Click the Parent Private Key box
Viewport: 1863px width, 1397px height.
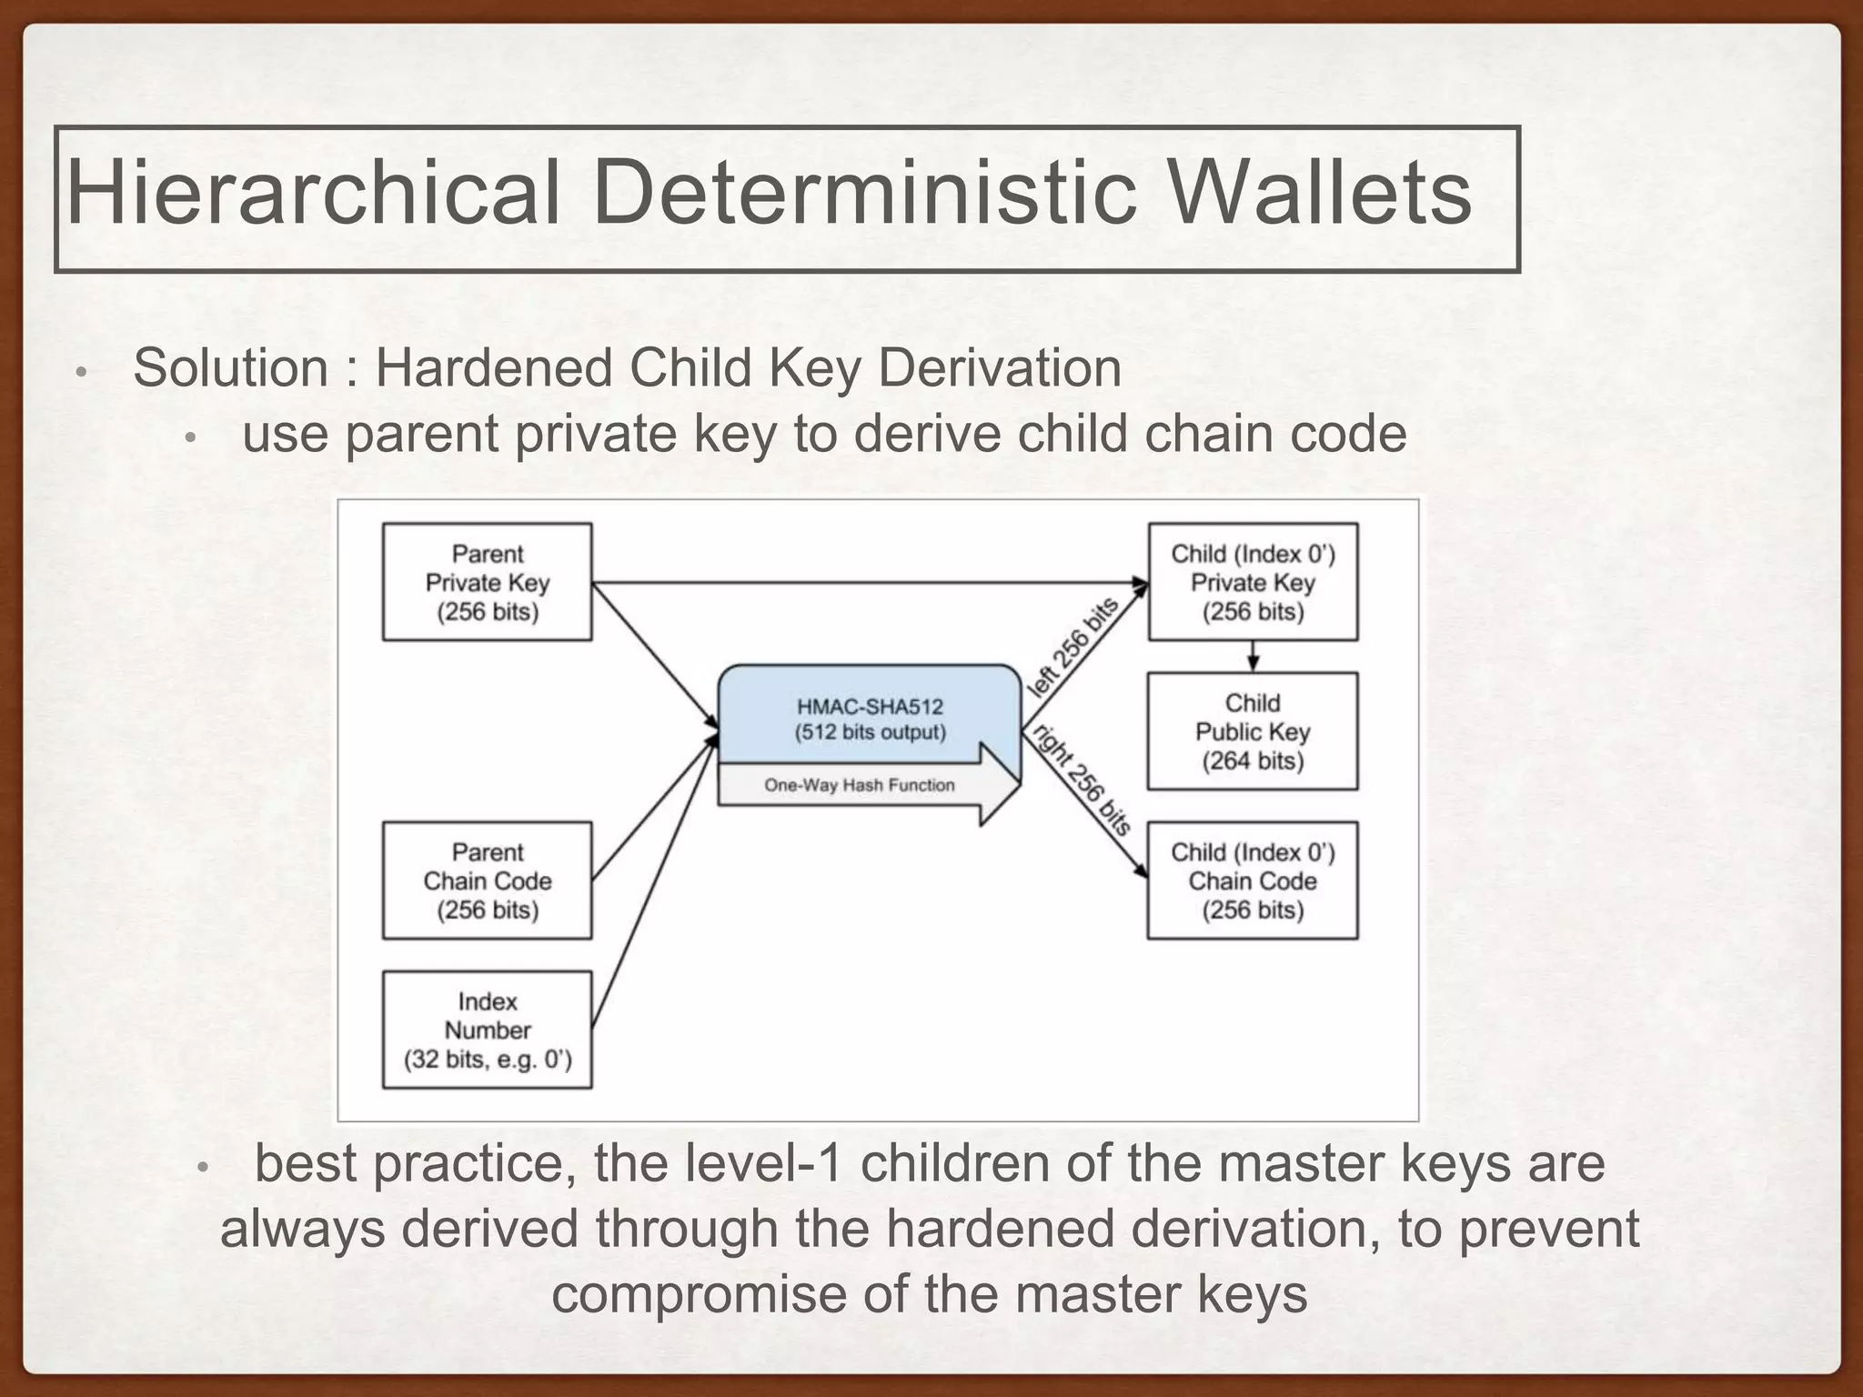coord(488,582)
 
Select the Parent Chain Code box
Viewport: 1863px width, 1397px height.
coord(488,880)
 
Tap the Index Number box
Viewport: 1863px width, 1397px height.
coord(488,1030)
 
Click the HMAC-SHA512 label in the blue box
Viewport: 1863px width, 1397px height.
coord(870,707)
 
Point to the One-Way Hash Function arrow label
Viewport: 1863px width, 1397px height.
coord(860,785)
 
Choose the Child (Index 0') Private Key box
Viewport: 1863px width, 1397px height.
coord(1253,582)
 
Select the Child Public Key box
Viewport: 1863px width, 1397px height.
coord(1253,731)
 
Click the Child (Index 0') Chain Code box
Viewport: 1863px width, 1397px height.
coord(1253,880)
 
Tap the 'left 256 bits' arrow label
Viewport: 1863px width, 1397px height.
coord(1072,647)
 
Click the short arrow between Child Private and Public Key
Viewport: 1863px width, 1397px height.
coord(1253,657)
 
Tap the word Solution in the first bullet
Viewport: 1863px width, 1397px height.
coord(231,368)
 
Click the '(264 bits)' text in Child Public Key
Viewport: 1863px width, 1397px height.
coord(1253,760)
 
